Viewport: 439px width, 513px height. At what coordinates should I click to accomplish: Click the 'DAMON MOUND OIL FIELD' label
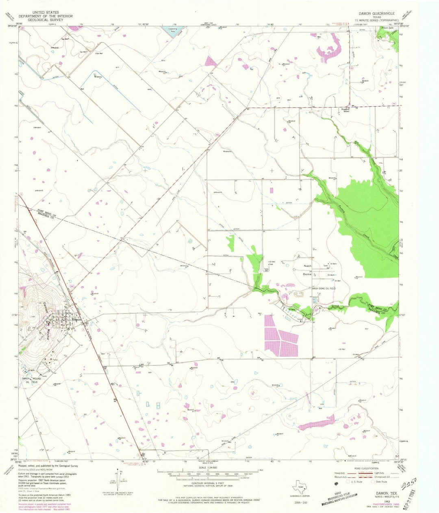pos(29,380)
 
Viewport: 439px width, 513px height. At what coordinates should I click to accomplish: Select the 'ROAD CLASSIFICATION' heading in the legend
pos(371,468)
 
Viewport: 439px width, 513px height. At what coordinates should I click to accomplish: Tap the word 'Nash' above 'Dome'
pos(308,266)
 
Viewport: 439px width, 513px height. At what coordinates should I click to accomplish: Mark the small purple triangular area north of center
pos(211,61)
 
